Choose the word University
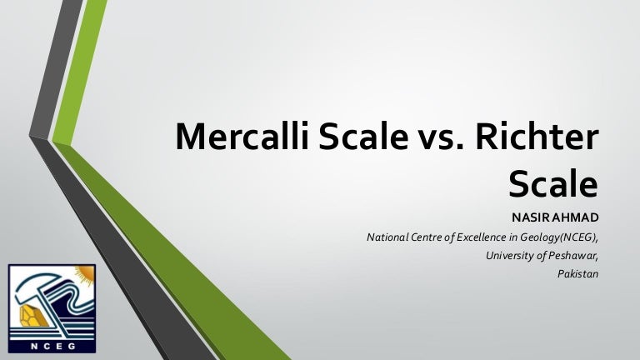[x=507, y=255]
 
